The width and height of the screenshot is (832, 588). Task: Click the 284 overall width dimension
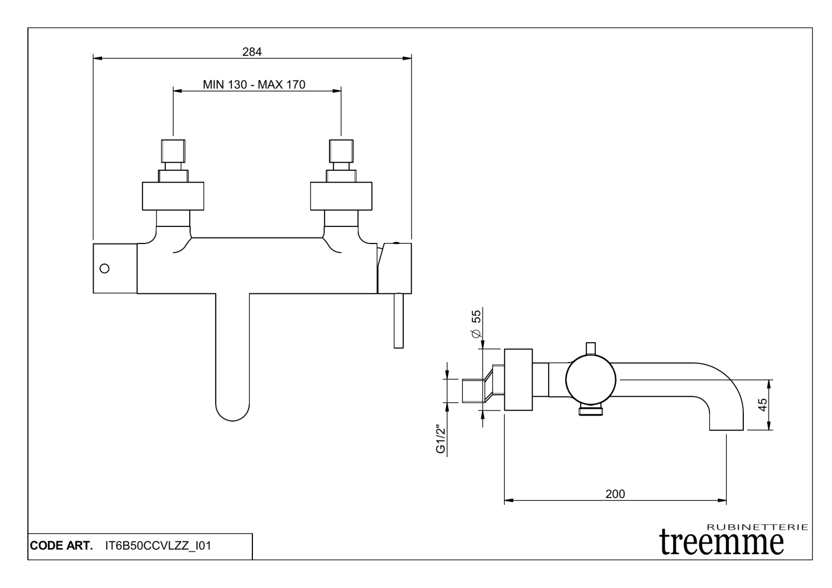click(x=252, y=52)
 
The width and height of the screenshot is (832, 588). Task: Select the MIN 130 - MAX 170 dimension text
click(x=254, y=84)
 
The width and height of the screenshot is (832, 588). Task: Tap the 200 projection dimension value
click(x=615, y=494)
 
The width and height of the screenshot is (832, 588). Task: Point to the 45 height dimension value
click(x=763, y=404)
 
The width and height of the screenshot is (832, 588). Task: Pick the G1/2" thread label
click(x=441, y=439)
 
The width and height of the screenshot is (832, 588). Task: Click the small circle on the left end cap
click(x=104, y=268)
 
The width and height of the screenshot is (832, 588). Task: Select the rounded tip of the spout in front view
click(x=232, y=408)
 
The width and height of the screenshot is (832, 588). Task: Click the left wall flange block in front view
click(x=173, y=196)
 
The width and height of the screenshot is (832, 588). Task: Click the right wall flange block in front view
click(x=341, y=196)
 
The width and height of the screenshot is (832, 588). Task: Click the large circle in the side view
click(x=591, y=380)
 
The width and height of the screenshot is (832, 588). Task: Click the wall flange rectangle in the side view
click(x=518, y=380)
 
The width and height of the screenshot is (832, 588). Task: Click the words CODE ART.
click(x=62, y=546)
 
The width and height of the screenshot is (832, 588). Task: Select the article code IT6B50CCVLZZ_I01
click(x=158, y=546)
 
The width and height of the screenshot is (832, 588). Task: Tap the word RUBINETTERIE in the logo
click(x=758, y=526)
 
